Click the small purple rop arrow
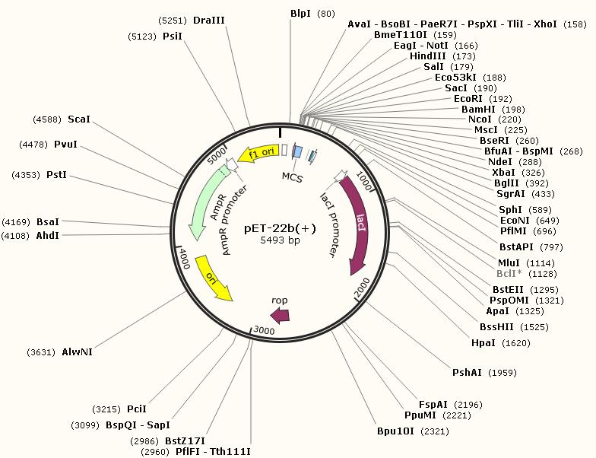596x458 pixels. pyautogui.click(x=280, y=314)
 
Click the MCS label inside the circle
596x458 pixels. pyautogui.click(x=293, y=177)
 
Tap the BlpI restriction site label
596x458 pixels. pyautogui.click(x=300, y=14)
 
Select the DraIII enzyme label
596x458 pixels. pyautogui.click(x=209, y=20)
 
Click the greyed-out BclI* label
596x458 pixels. pyautogui.click(x=509, y=273)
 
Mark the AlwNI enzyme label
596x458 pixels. pyautogui.click(x=78, y=351)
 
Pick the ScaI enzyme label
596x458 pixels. pyautogui.click(x=79, y=119)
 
